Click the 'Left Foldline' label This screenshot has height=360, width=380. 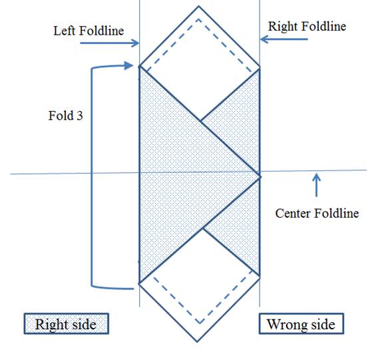click(89, 31)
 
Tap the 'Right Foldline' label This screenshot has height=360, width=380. click(307, 26)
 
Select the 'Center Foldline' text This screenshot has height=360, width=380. click(317, 214)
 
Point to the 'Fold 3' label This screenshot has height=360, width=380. click(66, 116)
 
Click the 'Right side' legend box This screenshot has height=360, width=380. click(66, 324)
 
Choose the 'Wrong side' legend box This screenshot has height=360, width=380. click(301, 324)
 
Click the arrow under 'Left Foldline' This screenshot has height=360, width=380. click(110, 43)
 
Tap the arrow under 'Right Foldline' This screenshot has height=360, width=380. click(284, 39)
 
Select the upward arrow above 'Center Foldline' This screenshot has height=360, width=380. click(316, 185)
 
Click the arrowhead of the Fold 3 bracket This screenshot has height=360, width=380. click(128, 65)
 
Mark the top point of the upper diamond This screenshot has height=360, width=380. click(199, 6)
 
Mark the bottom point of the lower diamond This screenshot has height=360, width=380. click(197, 342)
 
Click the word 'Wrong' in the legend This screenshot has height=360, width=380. click(286, 324)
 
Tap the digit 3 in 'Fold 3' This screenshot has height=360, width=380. click(80, 116)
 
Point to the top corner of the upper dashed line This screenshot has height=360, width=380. click(199, 19)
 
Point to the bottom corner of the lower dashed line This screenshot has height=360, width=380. click(199, 323)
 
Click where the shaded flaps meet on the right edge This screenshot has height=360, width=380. click(260, 176)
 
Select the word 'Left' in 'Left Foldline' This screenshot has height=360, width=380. click(65, 31)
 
